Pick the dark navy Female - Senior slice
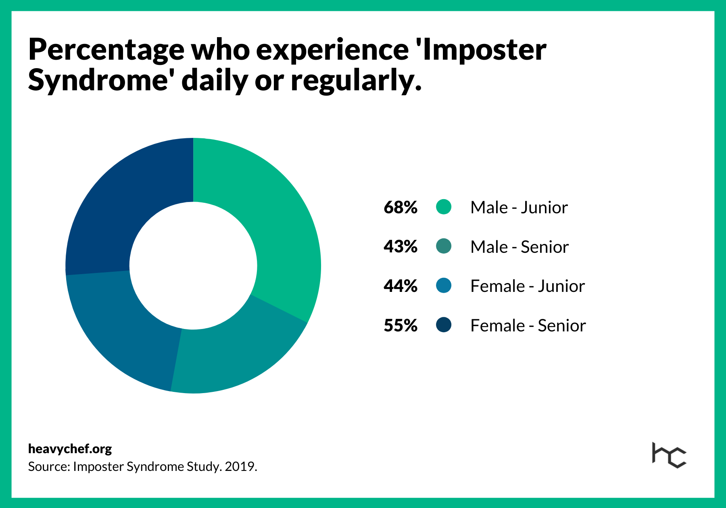tap(121, 202)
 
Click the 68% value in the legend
tap(401, 208)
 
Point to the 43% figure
tap(401, 247)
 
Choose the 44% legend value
tap(401, 286)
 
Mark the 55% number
tap(401, 325)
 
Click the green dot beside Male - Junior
tap(444, 207)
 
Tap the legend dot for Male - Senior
tap(444, 246)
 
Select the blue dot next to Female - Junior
tap(444, 286)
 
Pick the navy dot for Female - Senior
tap(444, 325)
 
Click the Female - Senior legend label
tap(528, 325)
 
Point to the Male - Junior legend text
tap(519, 208)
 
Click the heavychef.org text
tap(70, 449)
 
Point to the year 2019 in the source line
tap(240, 466)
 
